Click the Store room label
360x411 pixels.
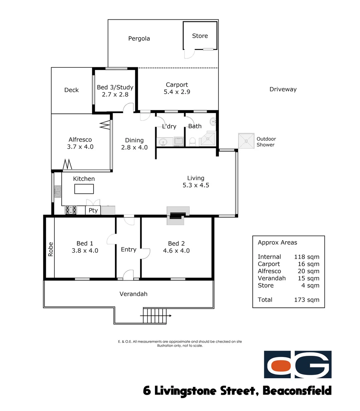[200, 36]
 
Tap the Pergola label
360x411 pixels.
[139, 38]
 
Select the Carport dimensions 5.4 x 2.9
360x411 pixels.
[177, 92]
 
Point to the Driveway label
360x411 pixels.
[283, 89]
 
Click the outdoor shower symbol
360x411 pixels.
[246, 141]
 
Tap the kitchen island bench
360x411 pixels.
[84, 189]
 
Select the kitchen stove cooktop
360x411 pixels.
[71, 210]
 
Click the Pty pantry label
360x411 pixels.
[93, 210]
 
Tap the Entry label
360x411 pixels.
[128, 250]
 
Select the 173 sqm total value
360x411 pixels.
[307, 300]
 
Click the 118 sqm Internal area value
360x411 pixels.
[307, 257]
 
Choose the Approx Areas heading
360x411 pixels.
[277, 242]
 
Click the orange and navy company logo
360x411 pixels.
[298, 365]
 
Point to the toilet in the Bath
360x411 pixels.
[193, 142]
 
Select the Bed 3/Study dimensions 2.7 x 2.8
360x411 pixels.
[115, 94]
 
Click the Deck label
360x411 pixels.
[72, 90]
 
